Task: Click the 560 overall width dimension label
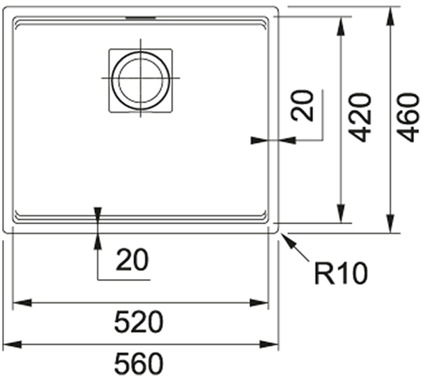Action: (139, 364)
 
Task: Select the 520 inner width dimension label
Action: (139, 322)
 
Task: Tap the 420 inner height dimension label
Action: (359, 118)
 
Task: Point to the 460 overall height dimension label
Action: (408, 118)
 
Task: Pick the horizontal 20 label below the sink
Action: (132, 260)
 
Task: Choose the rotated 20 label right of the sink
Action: (303, 106)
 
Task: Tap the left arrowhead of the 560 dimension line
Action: (12, 344)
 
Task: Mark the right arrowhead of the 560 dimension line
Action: (269, 344)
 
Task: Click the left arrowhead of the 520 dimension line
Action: (23, 303)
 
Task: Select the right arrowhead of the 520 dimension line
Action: (259, 303)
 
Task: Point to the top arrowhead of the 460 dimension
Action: (390, 16)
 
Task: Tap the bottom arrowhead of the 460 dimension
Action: (390, 223)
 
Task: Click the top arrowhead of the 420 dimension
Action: (341, 26)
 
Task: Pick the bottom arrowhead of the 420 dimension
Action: (341, 214)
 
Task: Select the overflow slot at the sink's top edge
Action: (141, 18)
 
